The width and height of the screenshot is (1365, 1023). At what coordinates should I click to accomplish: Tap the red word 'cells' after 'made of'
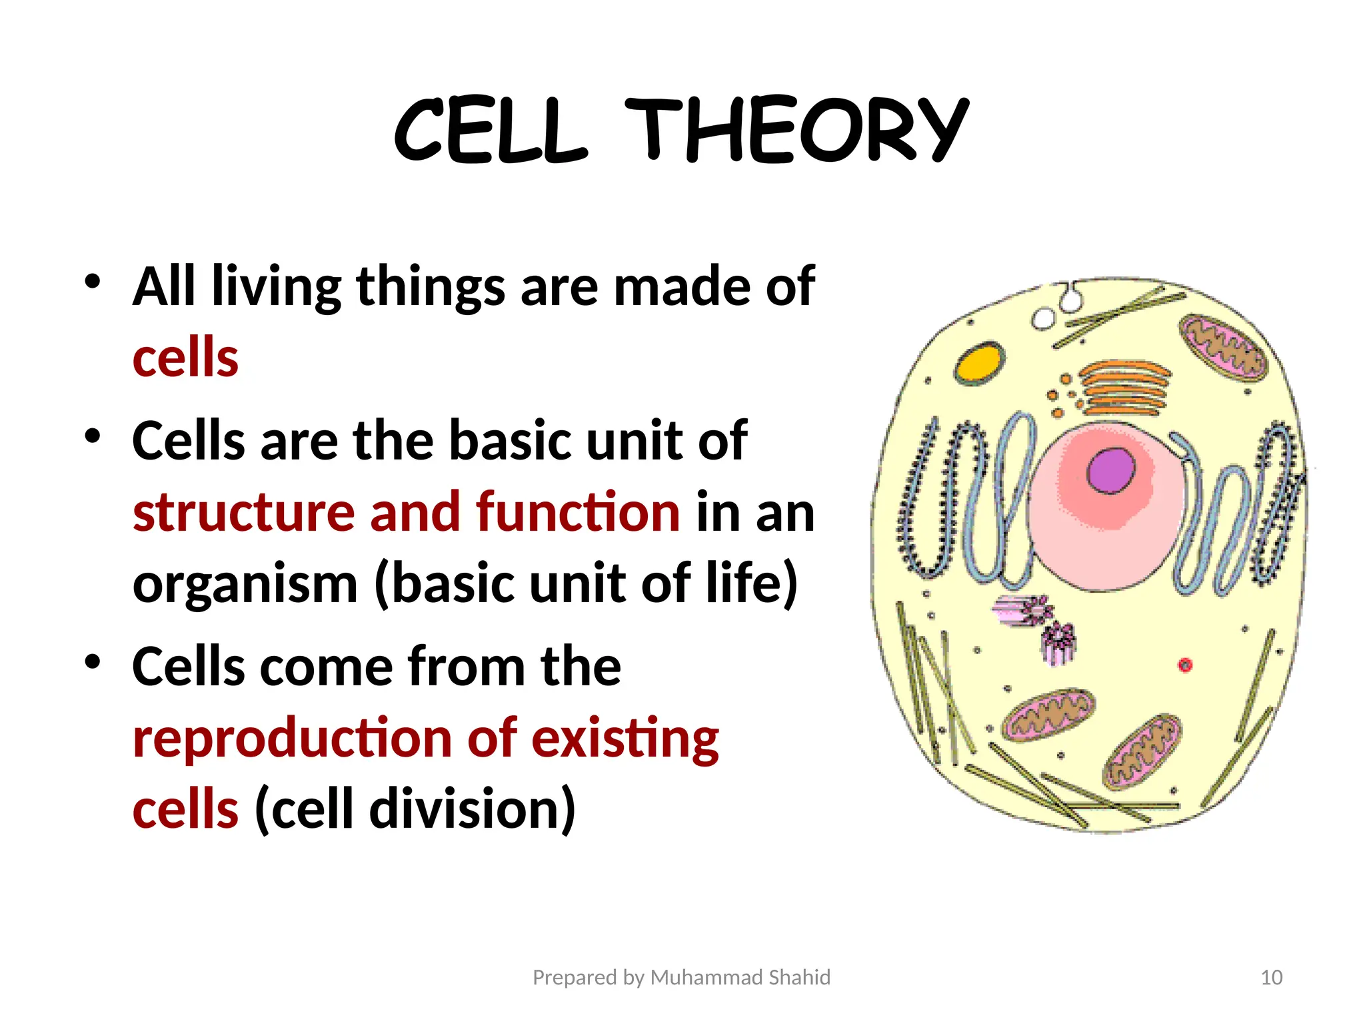[185, 358]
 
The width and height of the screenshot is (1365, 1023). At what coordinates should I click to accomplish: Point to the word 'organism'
[245, 583]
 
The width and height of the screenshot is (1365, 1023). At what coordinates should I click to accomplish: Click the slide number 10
[1271, 977]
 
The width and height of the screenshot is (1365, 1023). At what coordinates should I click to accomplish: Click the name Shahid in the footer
[799, 977]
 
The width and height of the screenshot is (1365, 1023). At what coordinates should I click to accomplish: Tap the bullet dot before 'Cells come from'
[93, 661]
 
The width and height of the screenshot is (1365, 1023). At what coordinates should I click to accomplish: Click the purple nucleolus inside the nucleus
[1110, 470]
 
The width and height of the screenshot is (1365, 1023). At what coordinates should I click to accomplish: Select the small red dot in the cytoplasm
[1185, 665]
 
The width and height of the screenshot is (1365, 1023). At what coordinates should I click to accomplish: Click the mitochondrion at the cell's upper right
[1223, 347]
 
